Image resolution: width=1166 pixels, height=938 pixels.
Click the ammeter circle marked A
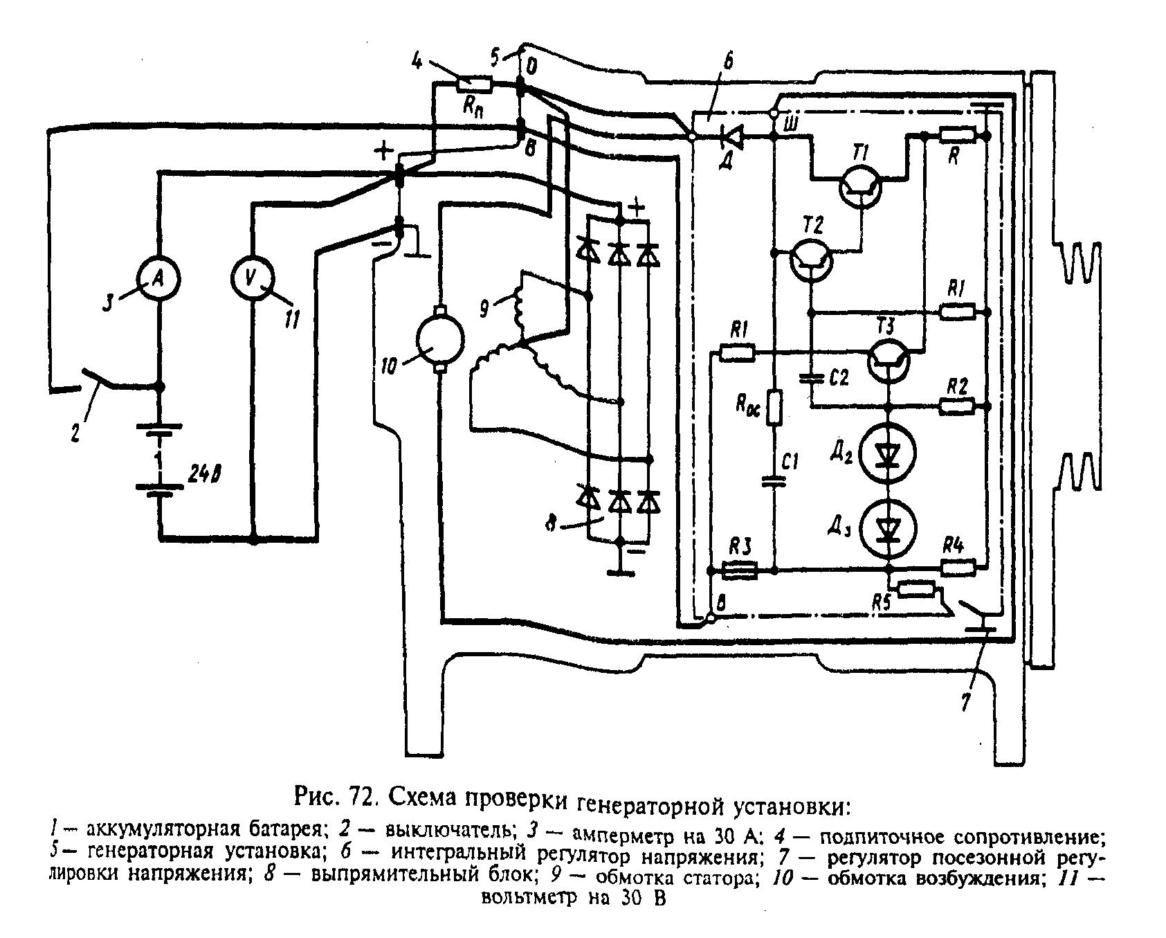coord(158,278)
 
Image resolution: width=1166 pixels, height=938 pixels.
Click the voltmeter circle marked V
coord(252,278)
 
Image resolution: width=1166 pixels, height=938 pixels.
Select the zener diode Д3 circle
coord(889,529)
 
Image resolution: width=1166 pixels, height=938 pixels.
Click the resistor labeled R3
coord(740,571)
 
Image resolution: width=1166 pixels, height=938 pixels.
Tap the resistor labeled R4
coord(958,568)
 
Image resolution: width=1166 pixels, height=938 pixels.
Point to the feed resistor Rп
coord(474,87)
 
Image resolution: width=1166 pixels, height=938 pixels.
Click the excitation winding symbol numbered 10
coord(439,339)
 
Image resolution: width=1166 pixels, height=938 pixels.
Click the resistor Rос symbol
coord(776,407)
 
